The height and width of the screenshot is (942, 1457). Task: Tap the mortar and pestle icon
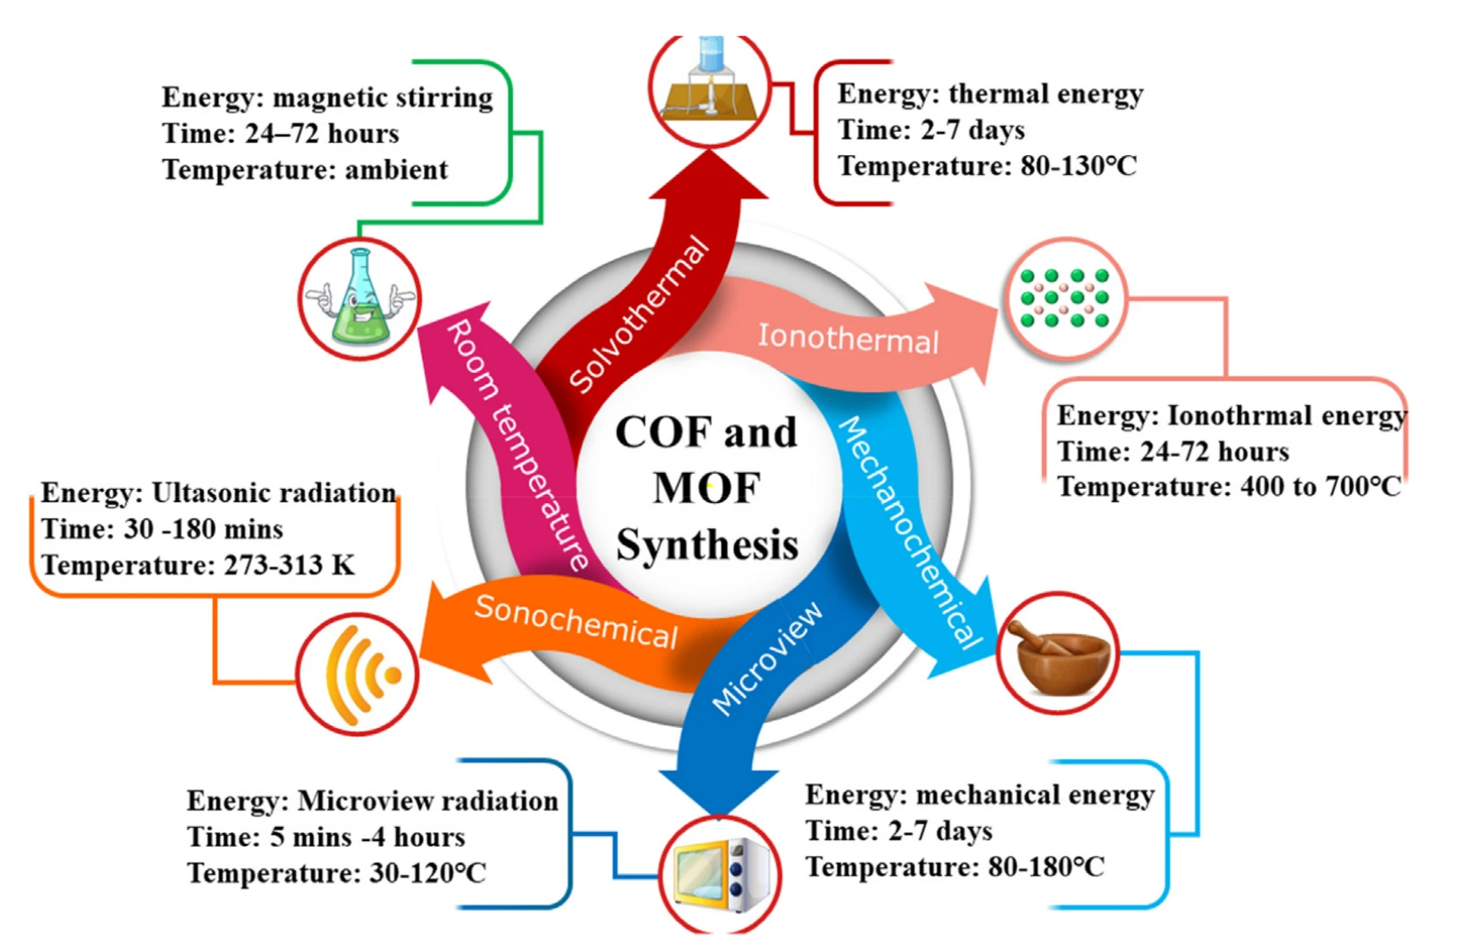[1058, 654]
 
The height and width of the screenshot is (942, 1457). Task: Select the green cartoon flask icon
[360, 299]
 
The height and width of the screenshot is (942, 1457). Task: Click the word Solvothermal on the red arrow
[639, 315]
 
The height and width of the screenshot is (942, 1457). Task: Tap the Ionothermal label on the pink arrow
[848, 338]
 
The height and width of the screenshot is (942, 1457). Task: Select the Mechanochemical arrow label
[910, 531]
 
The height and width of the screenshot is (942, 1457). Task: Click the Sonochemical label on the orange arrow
[575, 620]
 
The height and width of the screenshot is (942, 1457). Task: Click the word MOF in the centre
[706, 488]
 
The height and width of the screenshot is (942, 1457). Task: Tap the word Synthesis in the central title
[707, 544]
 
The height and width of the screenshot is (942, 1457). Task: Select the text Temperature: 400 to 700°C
[1229, 487]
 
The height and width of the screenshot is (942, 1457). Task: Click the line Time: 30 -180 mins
[161, 529]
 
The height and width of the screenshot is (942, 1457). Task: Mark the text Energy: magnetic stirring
[327, 97]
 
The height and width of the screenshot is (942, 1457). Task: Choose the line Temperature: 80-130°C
[987, 166]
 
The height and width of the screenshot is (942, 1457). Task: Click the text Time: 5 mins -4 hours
[326, 837]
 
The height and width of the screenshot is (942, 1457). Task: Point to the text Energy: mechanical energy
[979, 795]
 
